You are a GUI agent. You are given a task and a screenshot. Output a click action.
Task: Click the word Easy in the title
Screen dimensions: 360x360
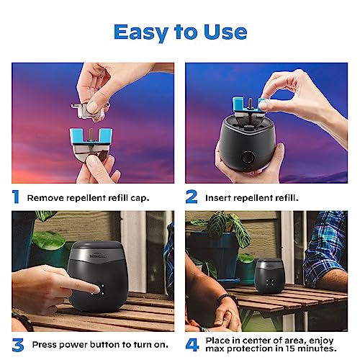[x=142, y=32]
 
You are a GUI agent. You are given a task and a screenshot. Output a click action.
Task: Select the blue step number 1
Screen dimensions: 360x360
[x=15, y=195]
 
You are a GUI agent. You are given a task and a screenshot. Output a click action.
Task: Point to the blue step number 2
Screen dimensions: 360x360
[x=192, y=195]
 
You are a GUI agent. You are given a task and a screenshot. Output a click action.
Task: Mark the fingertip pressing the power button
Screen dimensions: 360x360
[x=71, y=287]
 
